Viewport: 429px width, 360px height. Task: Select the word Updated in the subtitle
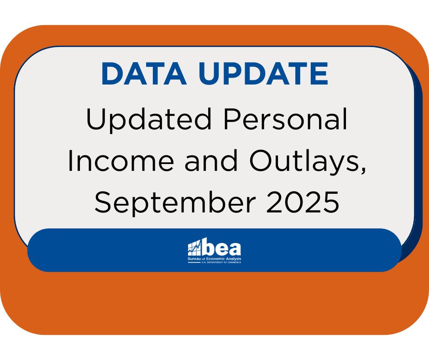pyautogui.click(x=149, y=120)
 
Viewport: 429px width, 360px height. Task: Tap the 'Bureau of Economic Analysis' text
pyautogui.click(x=214, y=259)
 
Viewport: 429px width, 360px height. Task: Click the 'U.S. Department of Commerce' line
pyautogui.click(x=221, y=263)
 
